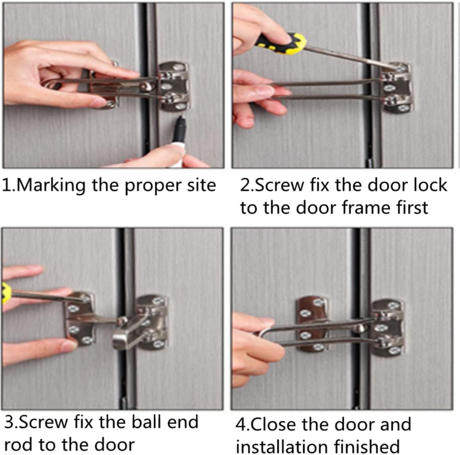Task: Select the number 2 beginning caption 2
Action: pos(245,185)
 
